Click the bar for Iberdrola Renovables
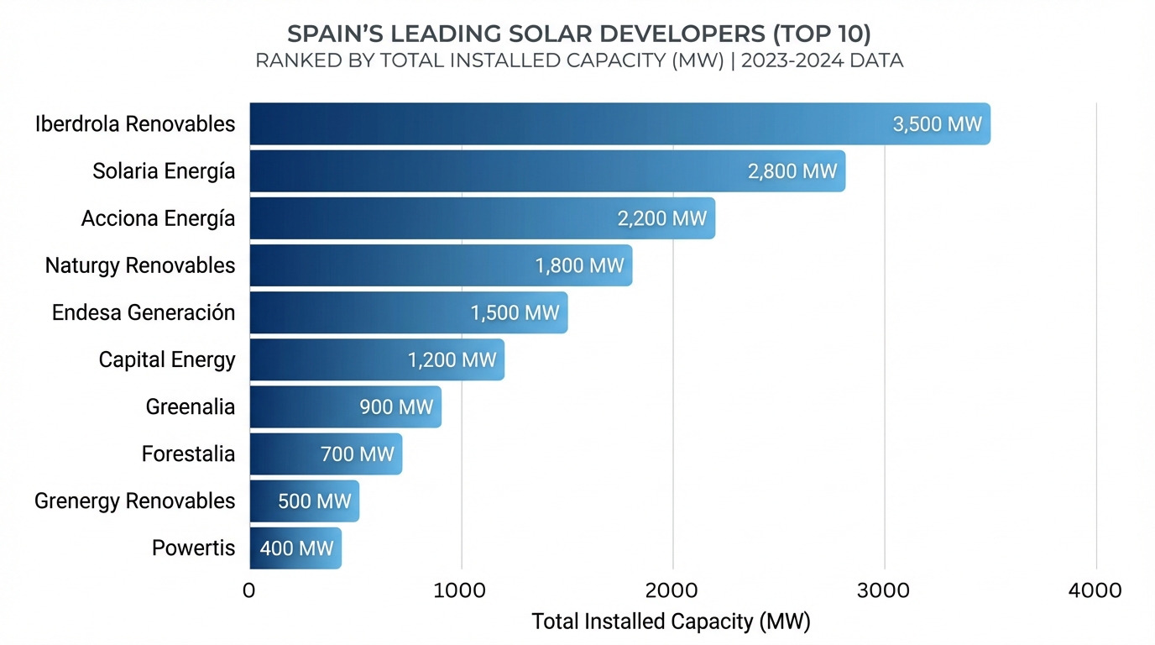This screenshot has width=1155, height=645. pos(588,124)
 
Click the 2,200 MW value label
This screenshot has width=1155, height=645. pos(662,218)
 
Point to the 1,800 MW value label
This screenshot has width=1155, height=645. pos(580,265)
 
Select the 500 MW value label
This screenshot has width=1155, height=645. pos(315,501)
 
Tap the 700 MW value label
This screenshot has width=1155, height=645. pos(358,454)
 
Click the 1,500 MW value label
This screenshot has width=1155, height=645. pos(515,313)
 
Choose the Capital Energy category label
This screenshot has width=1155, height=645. pos(167,360)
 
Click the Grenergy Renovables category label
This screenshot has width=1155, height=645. pos(135,501)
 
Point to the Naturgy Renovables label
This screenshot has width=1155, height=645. pos(140,265)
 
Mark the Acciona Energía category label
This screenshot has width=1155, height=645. pos(159,218)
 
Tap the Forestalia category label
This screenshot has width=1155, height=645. pos(189,454)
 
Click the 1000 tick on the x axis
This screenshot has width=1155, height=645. pos(461,590)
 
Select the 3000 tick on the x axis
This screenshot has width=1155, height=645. pos(884,590)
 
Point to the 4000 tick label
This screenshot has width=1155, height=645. pos(1095,590)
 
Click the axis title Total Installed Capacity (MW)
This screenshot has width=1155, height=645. pos(671,621)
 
